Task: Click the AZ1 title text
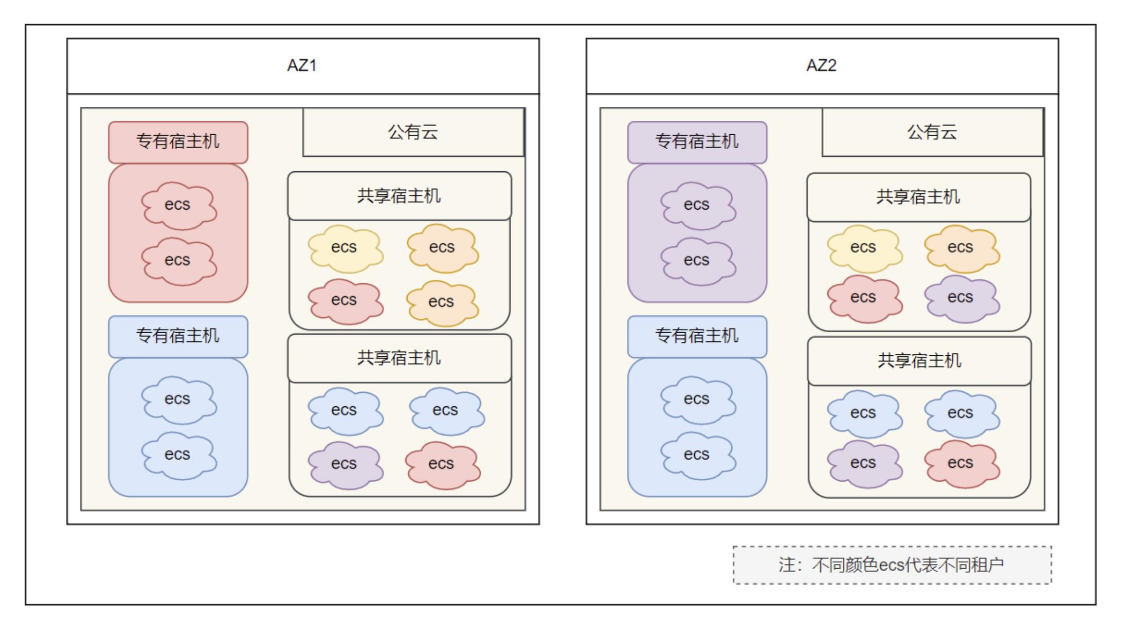point(302,66)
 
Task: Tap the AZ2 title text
point(821,66)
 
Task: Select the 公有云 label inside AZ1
point(413,132)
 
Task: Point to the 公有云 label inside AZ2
point(932,132)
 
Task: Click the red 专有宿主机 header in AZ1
point(178,141)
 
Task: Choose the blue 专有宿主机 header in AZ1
point(178,336)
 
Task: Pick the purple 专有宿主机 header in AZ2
point(697,141)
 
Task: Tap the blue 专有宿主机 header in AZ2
point(697,336)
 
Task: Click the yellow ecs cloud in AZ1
point(345,248)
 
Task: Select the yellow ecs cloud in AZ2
point(863,248)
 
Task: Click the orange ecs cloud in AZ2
point(961,248)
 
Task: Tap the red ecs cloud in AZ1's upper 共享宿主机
point(345,301)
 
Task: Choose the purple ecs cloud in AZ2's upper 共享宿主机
point(961,298)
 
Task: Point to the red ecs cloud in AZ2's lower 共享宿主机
point(961,463)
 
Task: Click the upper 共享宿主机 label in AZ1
point(399,196)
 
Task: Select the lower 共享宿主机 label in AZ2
point(919,361)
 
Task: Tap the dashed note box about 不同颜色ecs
point(892,565)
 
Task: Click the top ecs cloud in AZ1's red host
point(178,205)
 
